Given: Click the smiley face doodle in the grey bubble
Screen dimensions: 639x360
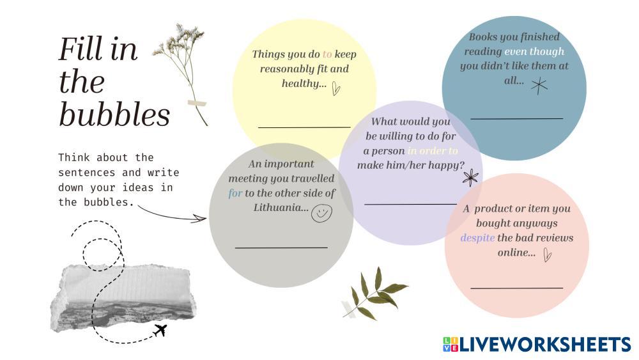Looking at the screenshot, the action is pyautogui.click(x=321, y=213).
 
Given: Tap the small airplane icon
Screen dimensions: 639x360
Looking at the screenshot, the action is pyautogui.click(x=160, y=330).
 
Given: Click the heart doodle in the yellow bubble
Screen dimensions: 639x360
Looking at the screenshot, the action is pyautogui.click(x=336, y=88).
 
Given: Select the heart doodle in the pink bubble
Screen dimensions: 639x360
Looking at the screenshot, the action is pyautogui.click(x=548, y=254).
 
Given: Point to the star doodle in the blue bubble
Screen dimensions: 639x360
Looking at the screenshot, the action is pyautogui.click(x=539, y=86).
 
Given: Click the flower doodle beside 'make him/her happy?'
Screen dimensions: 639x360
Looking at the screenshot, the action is pyautogui.click(x=471, y=178).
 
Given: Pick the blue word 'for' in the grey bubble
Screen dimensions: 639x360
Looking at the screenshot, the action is pyautogui.click(x=235, y=193).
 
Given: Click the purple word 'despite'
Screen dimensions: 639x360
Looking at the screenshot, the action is pyautogui.click(x=477, y=238).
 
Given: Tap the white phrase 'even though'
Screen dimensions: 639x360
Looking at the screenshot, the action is pyautogui.click(x=534, y=52).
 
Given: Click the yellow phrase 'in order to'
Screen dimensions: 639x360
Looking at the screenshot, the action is pyautogui.click(x=433, y=151).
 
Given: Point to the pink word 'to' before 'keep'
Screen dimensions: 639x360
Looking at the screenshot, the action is pyautogui.click(x=327, y=54).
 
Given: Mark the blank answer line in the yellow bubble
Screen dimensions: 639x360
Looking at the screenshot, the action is pyautogui.click(x=304, y=127).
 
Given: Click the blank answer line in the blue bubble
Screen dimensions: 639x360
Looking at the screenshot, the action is pyautogui.click(x=517, y=118).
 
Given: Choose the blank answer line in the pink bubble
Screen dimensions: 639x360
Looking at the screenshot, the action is pyautogui.click(x=517, y=288).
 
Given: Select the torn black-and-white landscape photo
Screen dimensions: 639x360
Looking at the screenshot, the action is pyautogui.click(x=122, y=297).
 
